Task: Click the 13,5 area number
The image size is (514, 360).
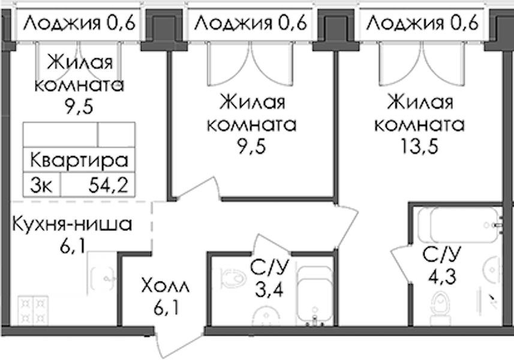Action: (419, 146)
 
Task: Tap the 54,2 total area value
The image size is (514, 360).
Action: (108, 186)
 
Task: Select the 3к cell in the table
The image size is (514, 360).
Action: (41, 186)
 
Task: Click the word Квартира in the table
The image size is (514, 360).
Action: (79, 160)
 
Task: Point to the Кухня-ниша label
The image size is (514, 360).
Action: (72, 224)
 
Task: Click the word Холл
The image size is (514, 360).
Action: (166, 286)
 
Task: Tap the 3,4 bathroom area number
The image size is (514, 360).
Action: (269, 290)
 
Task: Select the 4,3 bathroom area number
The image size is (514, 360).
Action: (442, 277)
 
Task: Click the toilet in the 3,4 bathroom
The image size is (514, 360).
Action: (234, 277)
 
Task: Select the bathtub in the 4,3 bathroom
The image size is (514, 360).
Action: (459, 225)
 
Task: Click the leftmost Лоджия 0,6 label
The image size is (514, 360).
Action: (79, 23)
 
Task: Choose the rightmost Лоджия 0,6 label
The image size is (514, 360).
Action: (422, 23)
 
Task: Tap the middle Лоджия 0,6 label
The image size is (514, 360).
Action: (251, 23)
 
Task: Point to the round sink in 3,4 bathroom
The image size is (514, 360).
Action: (266, 316)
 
